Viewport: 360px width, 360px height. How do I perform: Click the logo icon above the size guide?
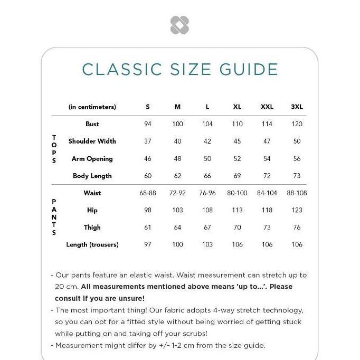click(179, 25)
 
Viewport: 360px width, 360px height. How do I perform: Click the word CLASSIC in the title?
click(122, 69)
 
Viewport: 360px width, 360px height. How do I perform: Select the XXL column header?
click(267, 107)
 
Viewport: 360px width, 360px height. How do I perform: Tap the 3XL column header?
click(297, 107)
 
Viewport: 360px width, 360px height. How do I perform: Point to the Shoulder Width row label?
click(92, 141)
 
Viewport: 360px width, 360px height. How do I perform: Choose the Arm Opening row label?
click(92, 158)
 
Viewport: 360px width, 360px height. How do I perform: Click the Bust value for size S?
click(148, 124)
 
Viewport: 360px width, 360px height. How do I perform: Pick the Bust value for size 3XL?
click(297, 124)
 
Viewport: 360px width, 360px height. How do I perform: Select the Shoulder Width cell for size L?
click(207, 141)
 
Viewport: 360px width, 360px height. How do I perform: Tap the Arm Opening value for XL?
click(238, 158)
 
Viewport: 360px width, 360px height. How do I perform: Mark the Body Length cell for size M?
click(177, 176)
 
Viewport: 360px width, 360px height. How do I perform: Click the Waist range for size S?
click(148, 193)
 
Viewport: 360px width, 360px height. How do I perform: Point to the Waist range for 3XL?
click(297, 193)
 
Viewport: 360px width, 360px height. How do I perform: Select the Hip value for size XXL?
click(267, 210)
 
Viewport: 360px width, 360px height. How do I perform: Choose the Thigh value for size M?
click(177, 228)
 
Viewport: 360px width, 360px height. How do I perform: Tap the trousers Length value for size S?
click(148, 244)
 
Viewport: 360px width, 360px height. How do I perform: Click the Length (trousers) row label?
click(92, 244)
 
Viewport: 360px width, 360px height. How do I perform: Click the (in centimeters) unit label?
click(92, 107)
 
